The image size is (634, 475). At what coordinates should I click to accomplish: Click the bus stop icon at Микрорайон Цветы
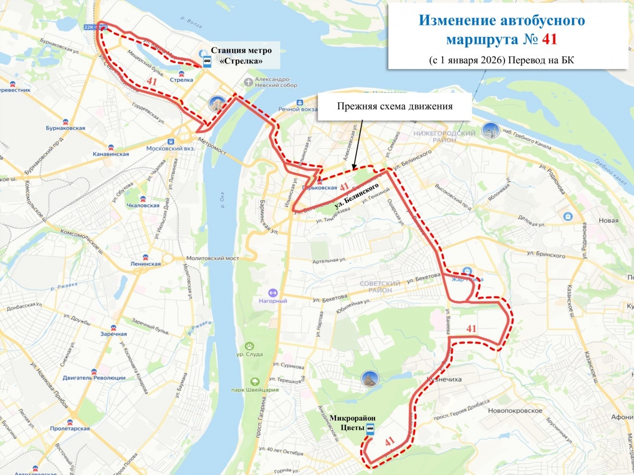tap(370, 429)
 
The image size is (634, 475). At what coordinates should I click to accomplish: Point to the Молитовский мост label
tap(212, 259)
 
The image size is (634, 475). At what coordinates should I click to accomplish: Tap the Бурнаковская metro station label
tap(66, 128)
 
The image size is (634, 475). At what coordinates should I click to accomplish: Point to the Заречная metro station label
tap(113, 334)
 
